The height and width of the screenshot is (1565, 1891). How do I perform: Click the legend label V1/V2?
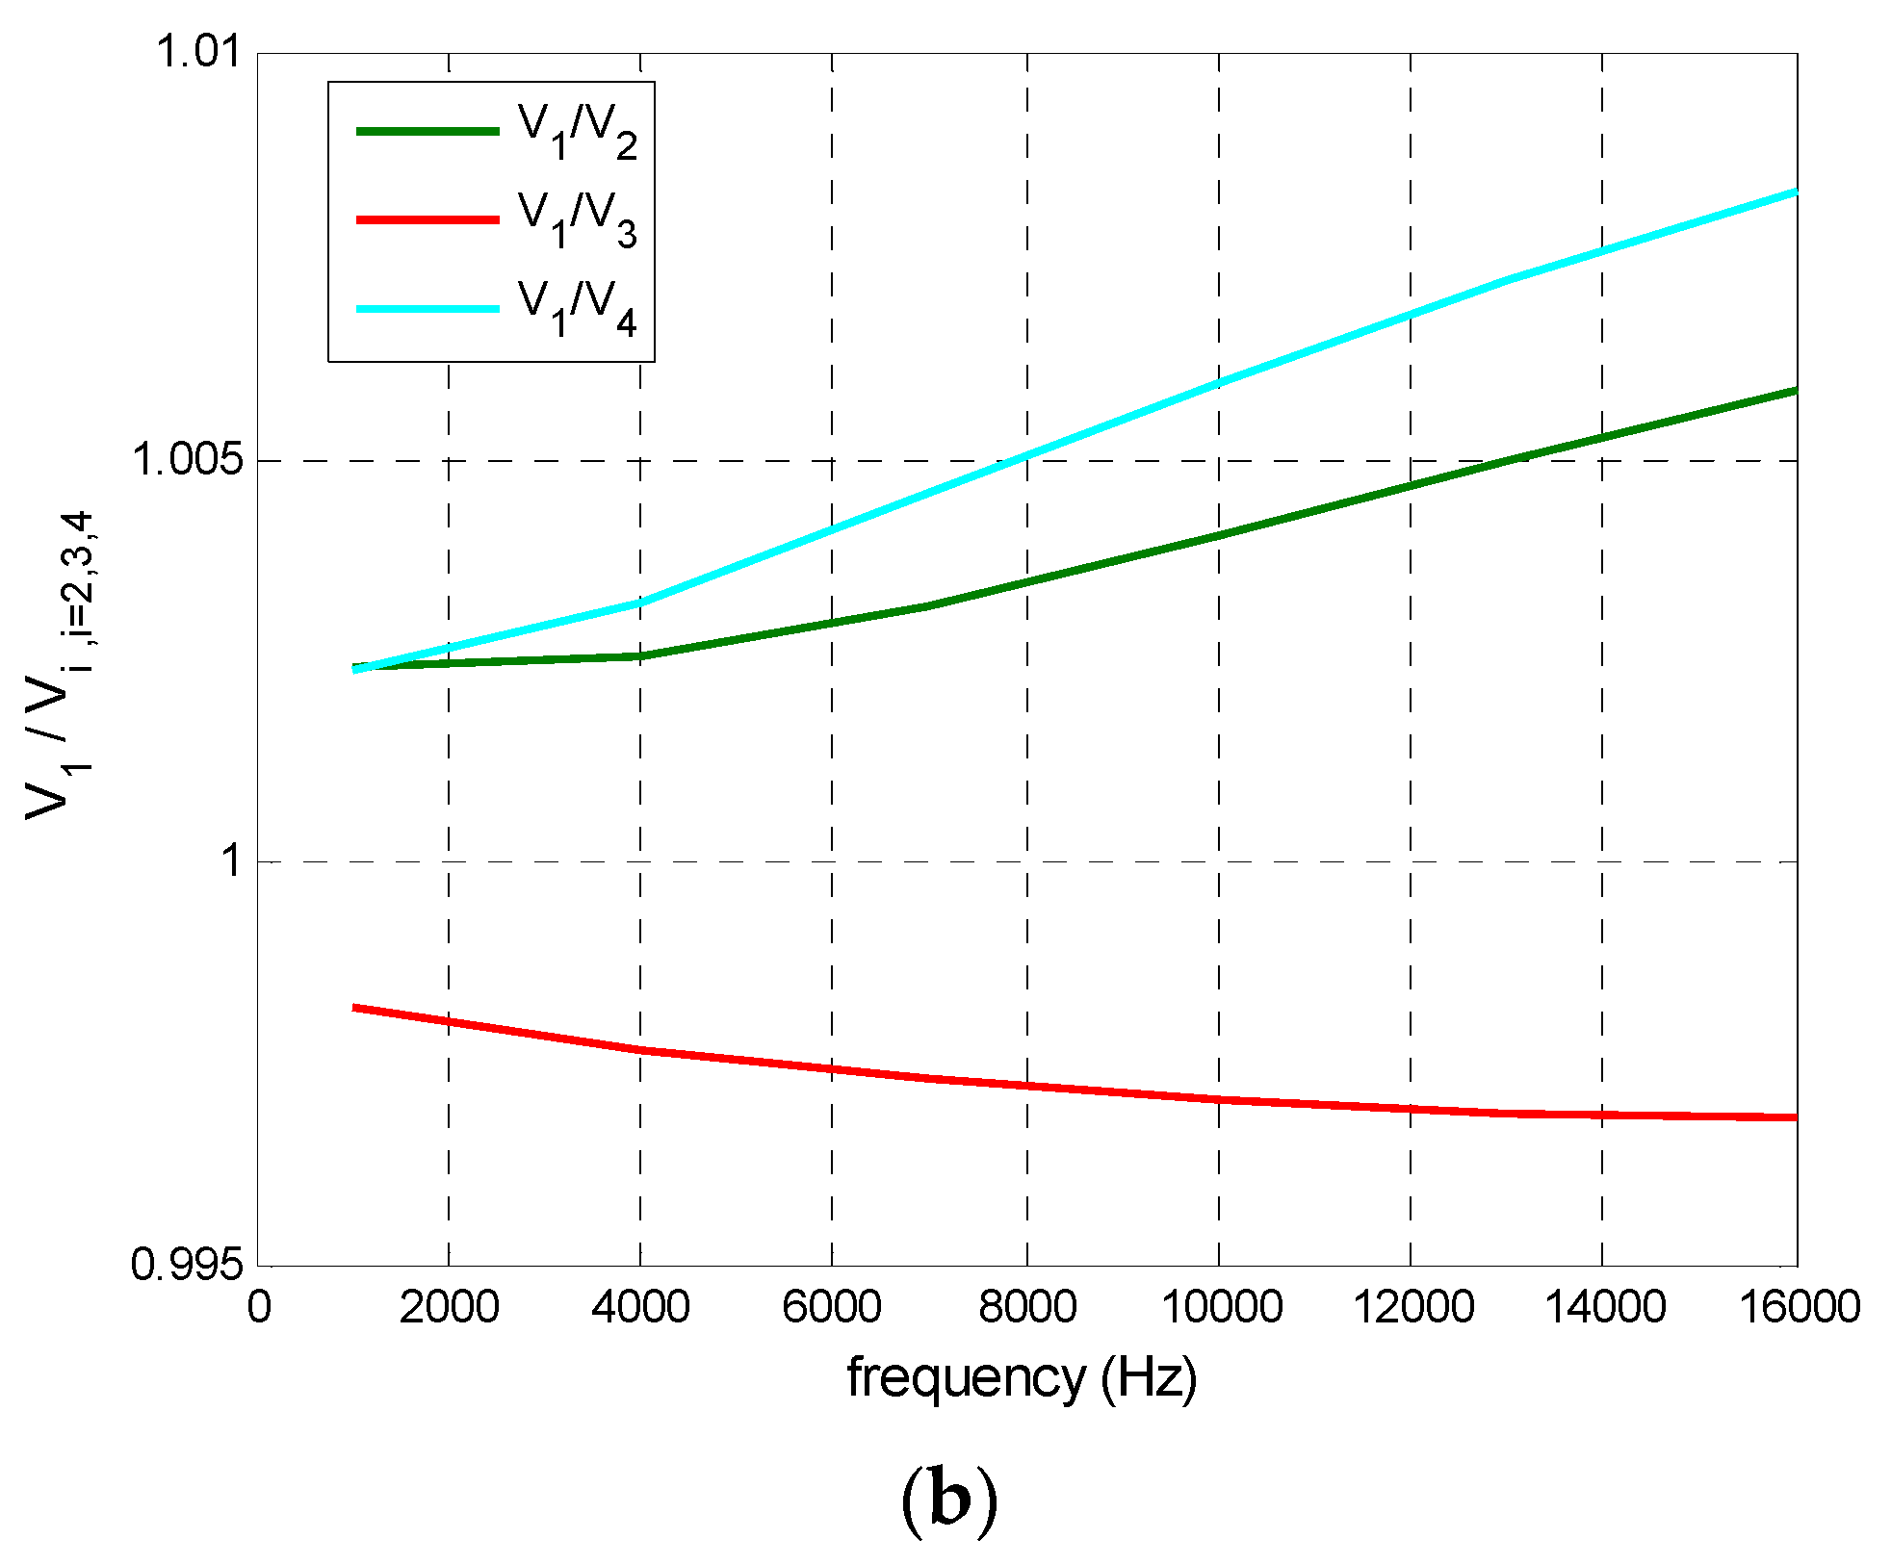[576, 132]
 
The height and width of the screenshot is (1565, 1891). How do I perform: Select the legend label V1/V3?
[576, 220]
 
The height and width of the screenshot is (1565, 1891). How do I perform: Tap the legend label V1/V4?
[576, 309]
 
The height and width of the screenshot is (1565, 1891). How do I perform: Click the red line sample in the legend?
[427, 220]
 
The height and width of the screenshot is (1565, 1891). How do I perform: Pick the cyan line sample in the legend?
[427, 309]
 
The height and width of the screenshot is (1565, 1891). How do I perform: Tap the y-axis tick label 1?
[232, 859]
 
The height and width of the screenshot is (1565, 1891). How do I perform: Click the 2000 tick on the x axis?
[449, 1307]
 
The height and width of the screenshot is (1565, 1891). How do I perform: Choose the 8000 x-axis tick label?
[1026, 1307]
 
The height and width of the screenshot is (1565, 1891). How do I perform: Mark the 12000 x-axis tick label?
[1412, 1307]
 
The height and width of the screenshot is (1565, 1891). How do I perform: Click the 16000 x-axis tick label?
[1798, 1307]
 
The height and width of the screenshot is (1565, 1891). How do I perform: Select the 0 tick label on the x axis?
[259, 1307]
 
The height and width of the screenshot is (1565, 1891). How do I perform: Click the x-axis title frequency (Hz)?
[1022, 1377]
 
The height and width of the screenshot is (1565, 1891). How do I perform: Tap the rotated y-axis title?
[58, 664]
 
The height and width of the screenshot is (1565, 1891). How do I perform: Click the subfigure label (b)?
[947, 1501]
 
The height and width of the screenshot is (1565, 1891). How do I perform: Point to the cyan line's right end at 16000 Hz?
[1795, 192]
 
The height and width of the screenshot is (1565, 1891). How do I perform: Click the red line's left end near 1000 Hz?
[356, 1008]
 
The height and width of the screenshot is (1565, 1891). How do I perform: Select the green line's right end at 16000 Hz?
[1795, 391]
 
